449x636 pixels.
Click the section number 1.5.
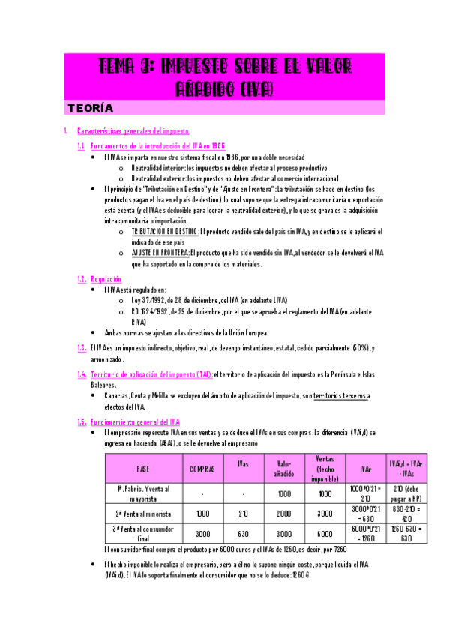click(x=82, y=422)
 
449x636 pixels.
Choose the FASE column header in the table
click(x=142, y=469)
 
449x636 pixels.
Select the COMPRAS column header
click(x=202, y=469)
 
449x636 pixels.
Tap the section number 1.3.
click(x=82, y=347)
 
